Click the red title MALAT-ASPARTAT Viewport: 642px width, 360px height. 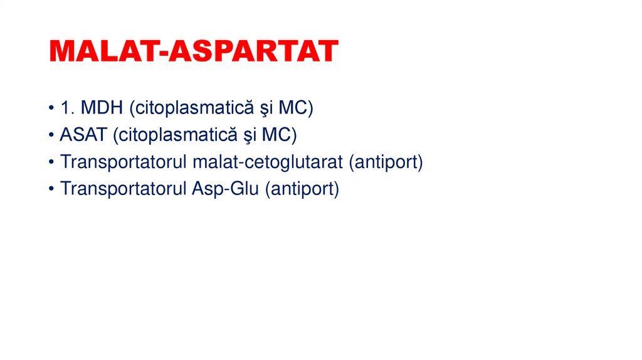click(194, 51)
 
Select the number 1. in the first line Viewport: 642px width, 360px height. click(68, 108)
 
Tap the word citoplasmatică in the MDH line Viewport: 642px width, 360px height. click(187, 109)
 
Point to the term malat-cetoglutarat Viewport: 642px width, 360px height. click(268, 162)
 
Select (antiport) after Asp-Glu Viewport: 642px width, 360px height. click(302, 189)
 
